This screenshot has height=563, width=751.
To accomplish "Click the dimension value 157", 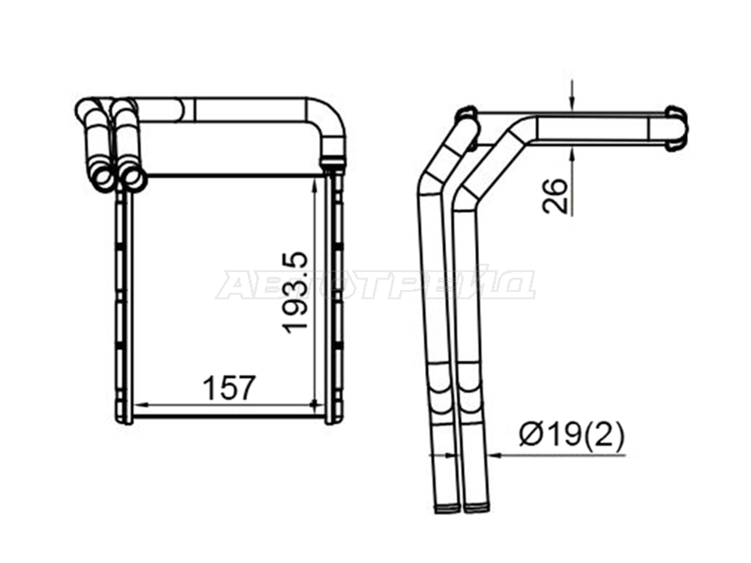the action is tap(229, 388).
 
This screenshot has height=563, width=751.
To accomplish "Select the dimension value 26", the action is tap(555, 195).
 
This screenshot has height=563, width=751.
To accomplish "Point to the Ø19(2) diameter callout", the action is tap(572, 434).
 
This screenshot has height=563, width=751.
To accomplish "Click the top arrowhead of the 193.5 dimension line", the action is tap(314, 185).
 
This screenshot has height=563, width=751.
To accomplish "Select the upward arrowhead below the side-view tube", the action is tap(572, 152).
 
